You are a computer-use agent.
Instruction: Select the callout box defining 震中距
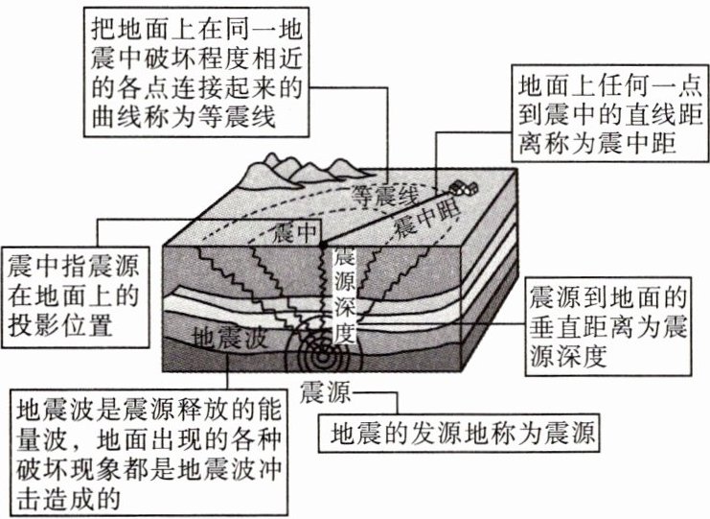(x=602, y=114)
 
